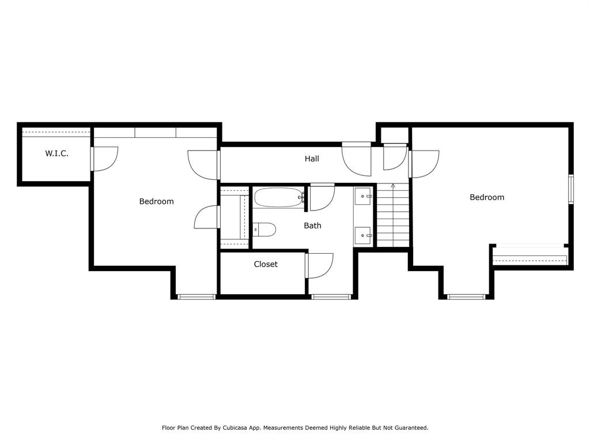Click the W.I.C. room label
click(57, 153)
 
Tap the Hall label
click(312, 159)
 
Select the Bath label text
click(313, 226)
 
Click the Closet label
click(266, 264)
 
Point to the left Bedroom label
click(157, 201)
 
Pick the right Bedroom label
click(487, 197)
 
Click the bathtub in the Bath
click(279, 197)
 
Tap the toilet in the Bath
click(264, 229)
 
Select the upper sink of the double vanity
click(363, 196)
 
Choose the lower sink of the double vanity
click(363, 236)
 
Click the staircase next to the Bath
click(393, 215)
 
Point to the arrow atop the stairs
click(393, 185)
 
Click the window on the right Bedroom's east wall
click(571, 189)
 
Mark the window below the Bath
click(331, 297)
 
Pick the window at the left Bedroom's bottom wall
click(196, 297)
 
